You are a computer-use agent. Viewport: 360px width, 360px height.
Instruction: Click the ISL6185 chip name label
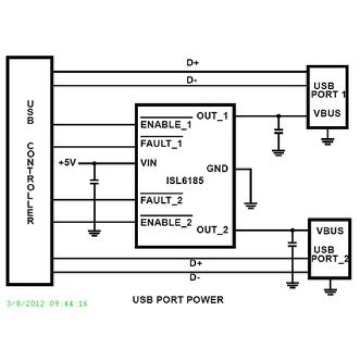coord(185,181)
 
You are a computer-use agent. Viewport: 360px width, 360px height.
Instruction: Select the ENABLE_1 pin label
coord(166,125)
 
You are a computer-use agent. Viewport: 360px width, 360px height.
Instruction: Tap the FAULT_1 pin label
coord(162,144)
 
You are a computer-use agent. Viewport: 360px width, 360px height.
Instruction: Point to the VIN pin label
coord(148,163)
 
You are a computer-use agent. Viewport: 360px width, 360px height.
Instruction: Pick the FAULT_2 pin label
coord(162,200)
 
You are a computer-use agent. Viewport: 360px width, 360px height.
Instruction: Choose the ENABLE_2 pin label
coord(166,222)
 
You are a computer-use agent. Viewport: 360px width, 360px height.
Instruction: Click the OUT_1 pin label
coord(212,116)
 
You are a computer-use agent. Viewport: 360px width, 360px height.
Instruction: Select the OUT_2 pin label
coord(212,229)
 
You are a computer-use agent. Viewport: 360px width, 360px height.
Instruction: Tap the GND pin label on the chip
coord(217,169)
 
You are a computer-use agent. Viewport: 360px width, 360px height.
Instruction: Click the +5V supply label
coord(67,163)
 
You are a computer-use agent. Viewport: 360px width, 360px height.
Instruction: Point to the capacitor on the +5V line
coord(94,182)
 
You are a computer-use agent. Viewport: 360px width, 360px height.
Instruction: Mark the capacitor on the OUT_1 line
coord(278,131)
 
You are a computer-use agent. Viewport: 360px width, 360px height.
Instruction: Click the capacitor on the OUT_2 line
coord(292,245)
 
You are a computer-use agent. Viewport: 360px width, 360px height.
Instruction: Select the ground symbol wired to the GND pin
coord(251,205)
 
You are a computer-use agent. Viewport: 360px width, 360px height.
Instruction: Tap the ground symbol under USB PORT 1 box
coord(328,141)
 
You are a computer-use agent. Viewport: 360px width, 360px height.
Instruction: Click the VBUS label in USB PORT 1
coord(327,113)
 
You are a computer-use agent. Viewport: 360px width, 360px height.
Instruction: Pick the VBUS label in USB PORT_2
coord(330,231)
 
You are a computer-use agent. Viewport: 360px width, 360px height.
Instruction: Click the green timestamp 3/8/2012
coord(48,304)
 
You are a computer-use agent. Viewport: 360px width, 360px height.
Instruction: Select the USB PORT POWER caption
coord(178,300)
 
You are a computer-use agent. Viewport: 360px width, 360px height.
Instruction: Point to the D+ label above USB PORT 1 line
coord(193,63)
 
